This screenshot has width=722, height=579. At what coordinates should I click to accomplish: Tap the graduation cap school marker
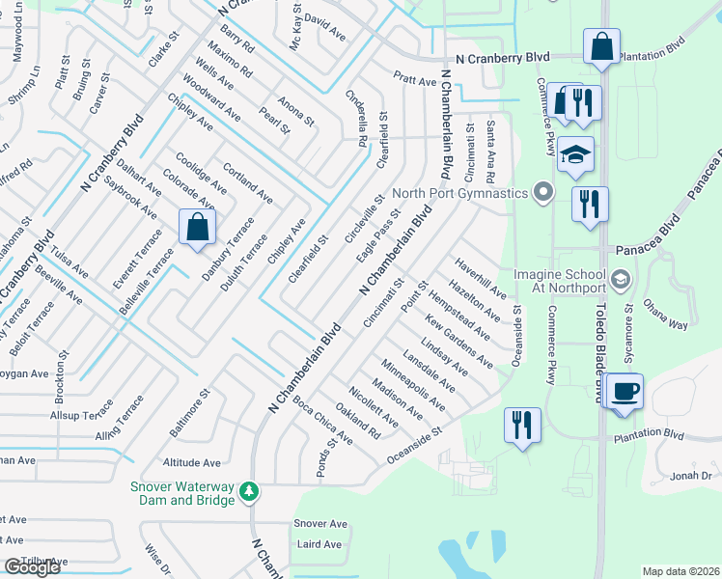coord(574,155)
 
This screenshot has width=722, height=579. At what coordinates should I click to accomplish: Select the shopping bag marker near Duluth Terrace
coord(197,228)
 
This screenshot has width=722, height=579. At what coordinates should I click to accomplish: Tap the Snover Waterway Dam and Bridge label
coord(182,492)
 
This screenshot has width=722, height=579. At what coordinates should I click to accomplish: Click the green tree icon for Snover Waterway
coord(250,492)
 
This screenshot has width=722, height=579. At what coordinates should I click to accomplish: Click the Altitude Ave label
coord(192,462)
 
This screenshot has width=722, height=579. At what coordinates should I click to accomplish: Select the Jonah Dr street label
coord(691,475)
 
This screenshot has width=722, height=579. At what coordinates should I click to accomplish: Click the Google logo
coord(32,567)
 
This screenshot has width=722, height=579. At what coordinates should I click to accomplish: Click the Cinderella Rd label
coord(357,119)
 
